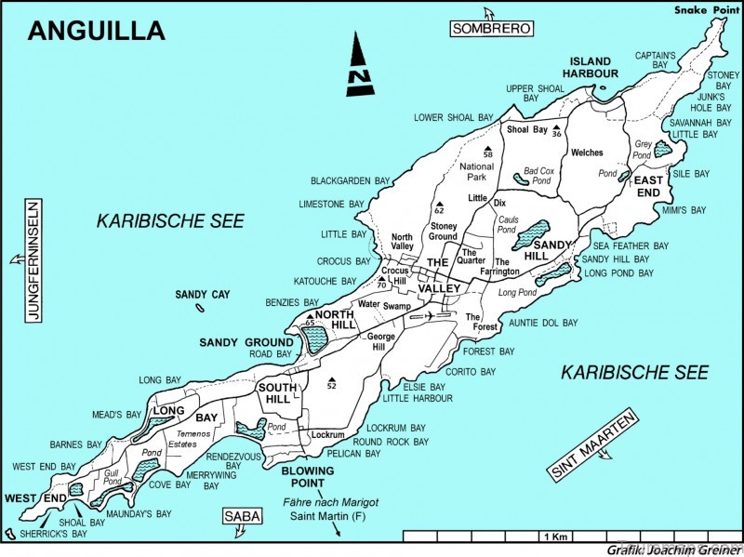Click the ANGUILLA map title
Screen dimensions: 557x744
tap(97, 31)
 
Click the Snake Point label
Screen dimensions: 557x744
tap(702, 10)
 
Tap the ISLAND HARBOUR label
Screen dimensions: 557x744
tap(593, 66)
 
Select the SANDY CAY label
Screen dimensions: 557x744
tap(203, 295)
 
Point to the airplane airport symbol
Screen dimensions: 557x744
tap(428, 316)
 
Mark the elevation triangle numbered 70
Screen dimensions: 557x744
tap(382, 285)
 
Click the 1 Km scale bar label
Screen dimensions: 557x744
tap(554, 537)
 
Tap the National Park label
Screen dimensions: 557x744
tap(476, 172)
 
